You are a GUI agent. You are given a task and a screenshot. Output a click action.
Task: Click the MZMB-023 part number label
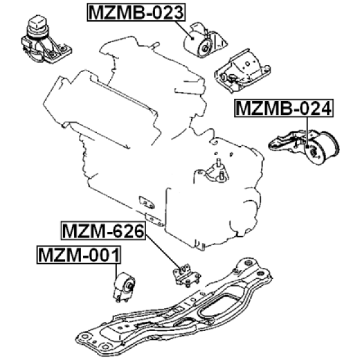136,13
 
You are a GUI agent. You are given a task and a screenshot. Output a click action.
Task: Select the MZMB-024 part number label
284,108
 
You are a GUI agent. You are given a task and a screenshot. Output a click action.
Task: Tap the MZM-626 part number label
103,231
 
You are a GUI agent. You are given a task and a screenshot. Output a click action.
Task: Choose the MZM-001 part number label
79,255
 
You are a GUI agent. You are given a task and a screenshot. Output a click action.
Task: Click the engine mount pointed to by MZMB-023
206,41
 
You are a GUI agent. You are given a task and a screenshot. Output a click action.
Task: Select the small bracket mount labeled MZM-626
186,275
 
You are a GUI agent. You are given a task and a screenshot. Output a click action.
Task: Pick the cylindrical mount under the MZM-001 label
124,287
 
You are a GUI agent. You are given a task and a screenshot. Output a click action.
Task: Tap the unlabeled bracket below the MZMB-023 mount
242,72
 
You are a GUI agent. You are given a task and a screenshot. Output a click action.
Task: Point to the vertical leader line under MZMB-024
307,131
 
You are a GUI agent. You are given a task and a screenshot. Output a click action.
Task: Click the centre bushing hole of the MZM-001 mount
129,286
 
